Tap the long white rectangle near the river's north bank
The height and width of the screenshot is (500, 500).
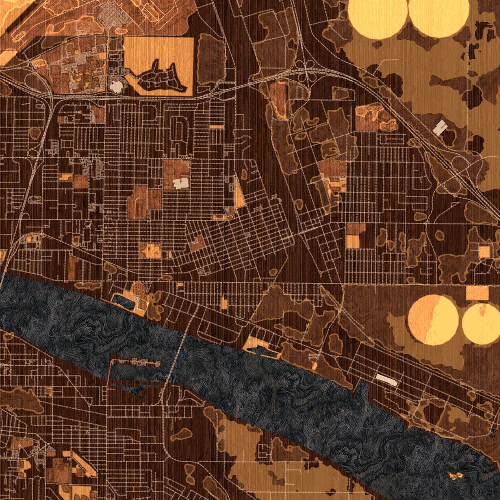point(387,380)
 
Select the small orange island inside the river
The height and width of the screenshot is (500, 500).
point(456,475)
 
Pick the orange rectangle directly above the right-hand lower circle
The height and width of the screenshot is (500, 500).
point(477,293)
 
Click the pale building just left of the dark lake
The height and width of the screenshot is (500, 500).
point(116,87)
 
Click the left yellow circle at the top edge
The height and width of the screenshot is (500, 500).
point(377,18)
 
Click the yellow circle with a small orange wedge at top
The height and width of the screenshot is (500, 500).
point(480,324)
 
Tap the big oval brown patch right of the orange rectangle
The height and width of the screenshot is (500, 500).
point(210,59)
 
